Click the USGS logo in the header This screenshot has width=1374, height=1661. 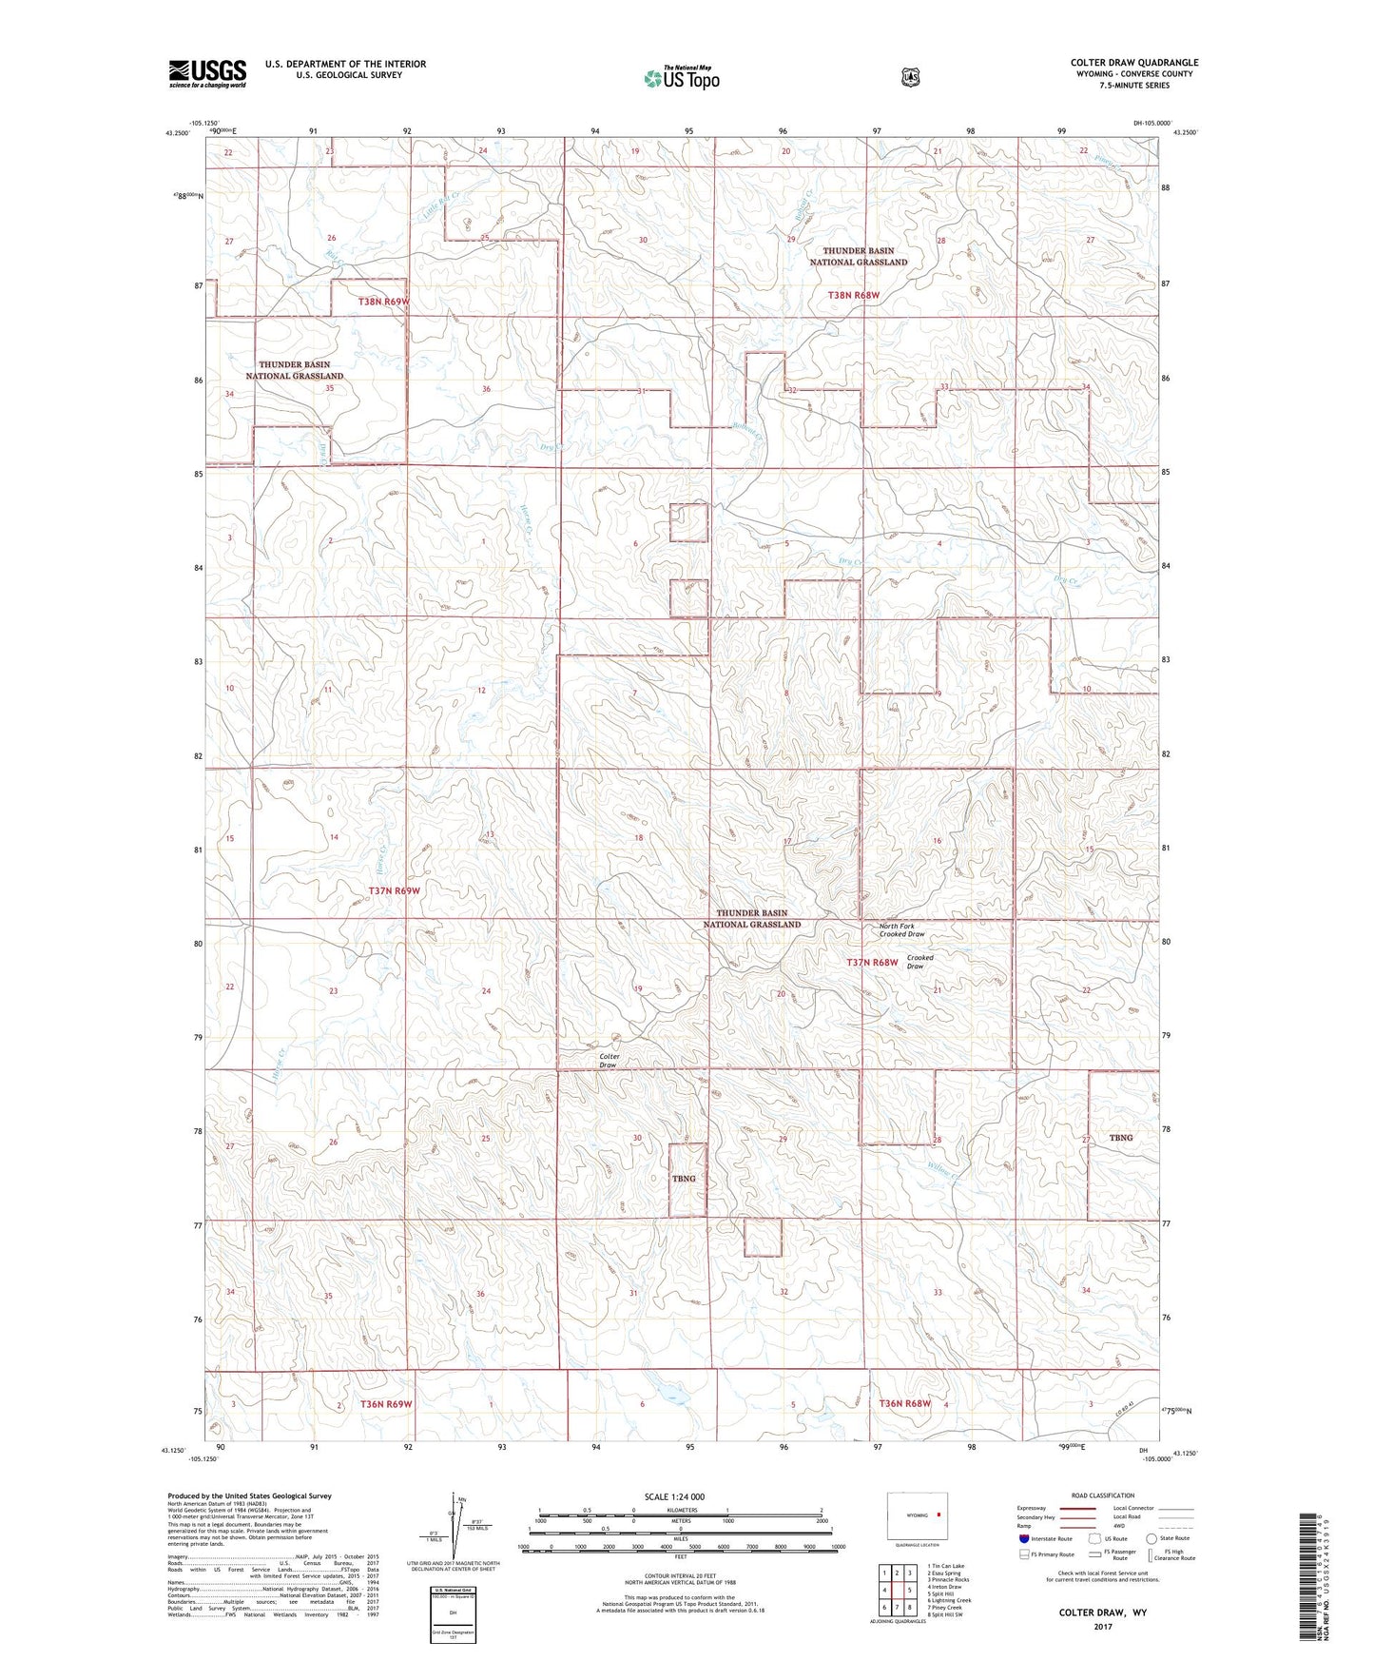click(x=207, y=73)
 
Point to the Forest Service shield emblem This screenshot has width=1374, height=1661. click(x=910, y=77)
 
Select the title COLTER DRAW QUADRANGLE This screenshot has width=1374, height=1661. click(x=1133, y=62)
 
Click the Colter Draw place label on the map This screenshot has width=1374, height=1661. click(x=609, y=1061)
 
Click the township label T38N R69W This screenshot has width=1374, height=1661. click(x=383, y=302)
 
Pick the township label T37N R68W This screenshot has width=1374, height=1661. click(x=872, y=963)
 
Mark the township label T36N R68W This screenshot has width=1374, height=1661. click(x=904, y=1404)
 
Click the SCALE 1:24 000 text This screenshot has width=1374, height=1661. click(x=674, y=1497)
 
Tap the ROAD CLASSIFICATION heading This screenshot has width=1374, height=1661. click(x=1102, y=1495)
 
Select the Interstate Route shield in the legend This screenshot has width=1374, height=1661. click(x=1023, y=1538)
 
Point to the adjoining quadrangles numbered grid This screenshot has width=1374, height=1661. click(x=897, y=1590)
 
